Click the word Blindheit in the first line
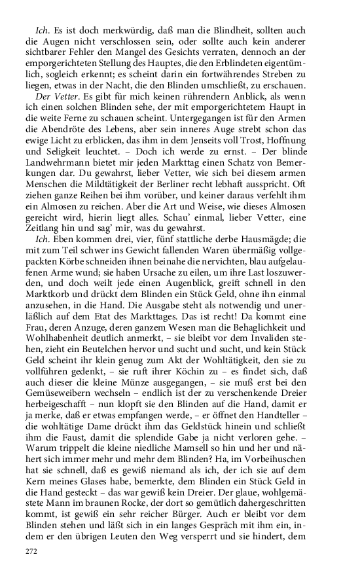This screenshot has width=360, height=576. [x=214, y=31]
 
